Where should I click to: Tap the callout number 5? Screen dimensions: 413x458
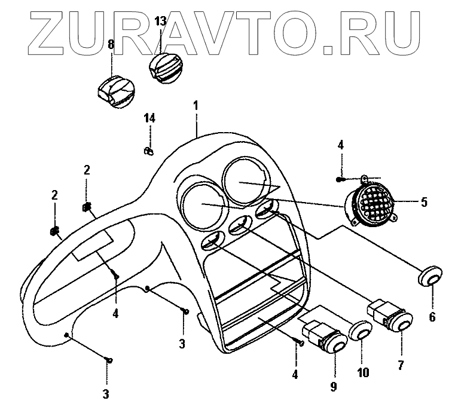424,202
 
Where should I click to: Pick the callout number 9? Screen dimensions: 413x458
334,386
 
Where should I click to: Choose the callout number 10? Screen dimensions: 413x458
364,373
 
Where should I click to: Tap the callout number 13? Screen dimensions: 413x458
160,22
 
